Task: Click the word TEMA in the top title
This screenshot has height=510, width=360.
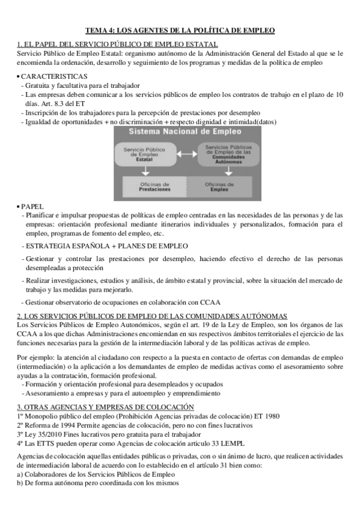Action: pyautogui.click(x=96, y=29)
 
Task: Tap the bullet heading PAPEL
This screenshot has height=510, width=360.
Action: pyautogui.click(x=32, y=205)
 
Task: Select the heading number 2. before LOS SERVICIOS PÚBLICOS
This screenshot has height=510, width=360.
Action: pyautogui.click(x=20, y=316)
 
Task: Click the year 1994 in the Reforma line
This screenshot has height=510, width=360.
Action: pyautogui.click(x=64, y=425)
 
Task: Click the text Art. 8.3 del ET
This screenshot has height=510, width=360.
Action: pyautogui.click(x=49, y=103)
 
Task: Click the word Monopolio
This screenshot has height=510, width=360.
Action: pyautogui.click(x=41, y=416)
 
